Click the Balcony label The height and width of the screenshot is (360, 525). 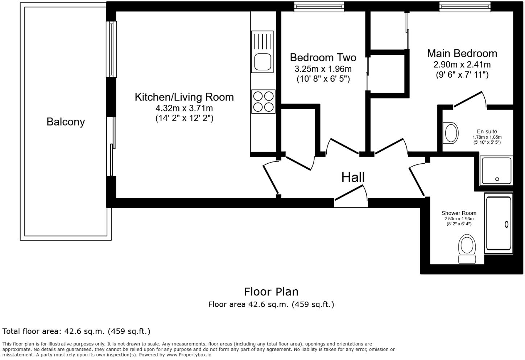pos(66,122)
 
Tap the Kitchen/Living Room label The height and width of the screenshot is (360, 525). pos(184,97)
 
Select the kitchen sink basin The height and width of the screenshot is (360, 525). pos(262,61)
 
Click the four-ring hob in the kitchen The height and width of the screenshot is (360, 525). pos(263,102)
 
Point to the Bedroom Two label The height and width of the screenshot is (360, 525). pos(323,57)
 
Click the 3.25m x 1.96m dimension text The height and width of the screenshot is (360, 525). pos(323,69)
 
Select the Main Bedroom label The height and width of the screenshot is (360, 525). pos(462,53)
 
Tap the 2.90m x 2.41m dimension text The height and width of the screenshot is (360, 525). pos(462,65)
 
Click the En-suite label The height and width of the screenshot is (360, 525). pos(487,131)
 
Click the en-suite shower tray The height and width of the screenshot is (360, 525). pos(496,171)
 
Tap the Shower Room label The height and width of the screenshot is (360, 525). pos(459,213)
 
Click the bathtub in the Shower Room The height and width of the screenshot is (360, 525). pos(499,224)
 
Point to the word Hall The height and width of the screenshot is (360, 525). pos(353,177)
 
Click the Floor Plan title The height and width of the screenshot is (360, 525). pos(271,292)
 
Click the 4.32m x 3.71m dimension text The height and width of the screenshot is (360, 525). pos(184,108)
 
